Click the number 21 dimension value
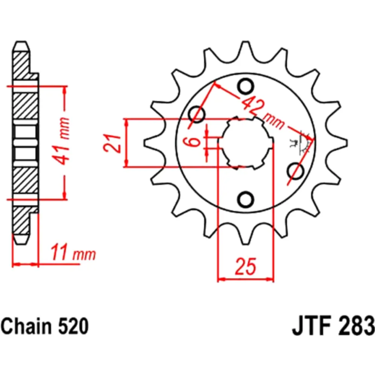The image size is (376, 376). [112, 143]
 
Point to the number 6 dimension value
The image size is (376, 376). [195, 142]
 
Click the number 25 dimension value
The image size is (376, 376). [246, 266]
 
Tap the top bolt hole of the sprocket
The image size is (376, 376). [246, 86]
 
